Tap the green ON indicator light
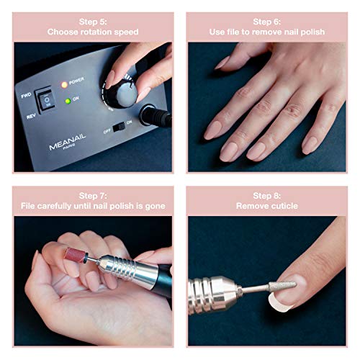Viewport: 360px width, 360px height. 67,101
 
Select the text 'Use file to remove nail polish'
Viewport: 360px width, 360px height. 267,32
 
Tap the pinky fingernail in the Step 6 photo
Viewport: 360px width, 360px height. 310,143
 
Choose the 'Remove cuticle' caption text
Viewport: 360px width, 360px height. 267,206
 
